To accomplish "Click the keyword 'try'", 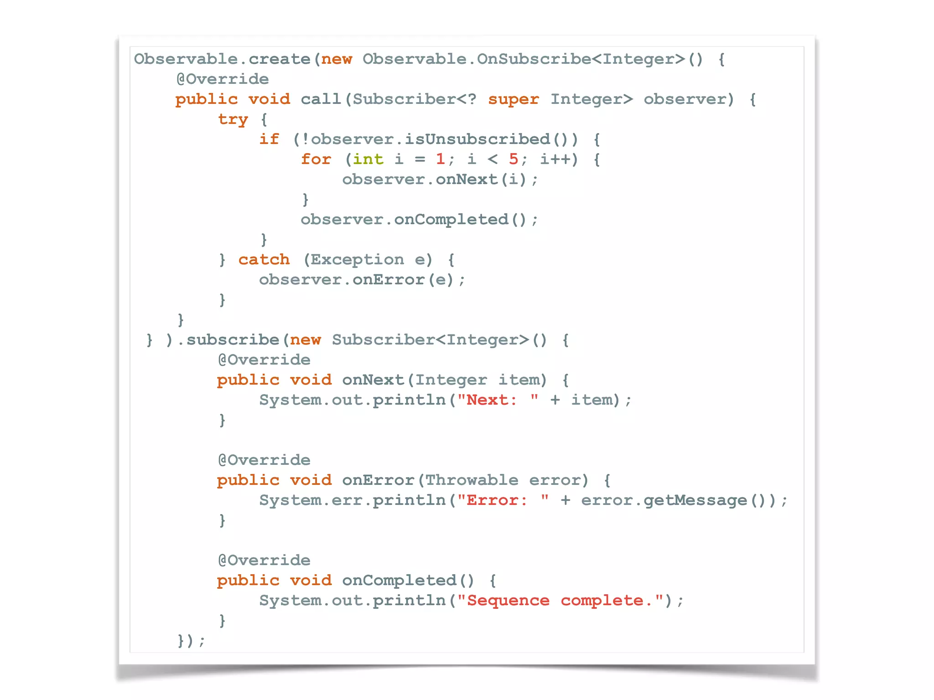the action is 233,119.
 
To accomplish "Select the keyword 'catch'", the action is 264,260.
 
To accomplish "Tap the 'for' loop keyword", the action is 316,160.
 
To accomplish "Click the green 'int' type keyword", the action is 368,160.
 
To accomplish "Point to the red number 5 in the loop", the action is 514,159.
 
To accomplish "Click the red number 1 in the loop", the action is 440,159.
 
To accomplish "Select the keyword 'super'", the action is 514,99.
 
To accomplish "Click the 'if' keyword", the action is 269,139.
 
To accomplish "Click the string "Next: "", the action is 498,400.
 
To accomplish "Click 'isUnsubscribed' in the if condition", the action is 477,139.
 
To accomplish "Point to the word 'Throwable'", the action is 472,480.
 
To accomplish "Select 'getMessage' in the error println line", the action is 695,500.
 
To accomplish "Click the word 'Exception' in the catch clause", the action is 357,260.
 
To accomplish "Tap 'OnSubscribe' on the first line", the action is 534,59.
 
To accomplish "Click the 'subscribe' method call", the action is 233,340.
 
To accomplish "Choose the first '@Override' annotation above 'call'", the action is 223,79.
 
